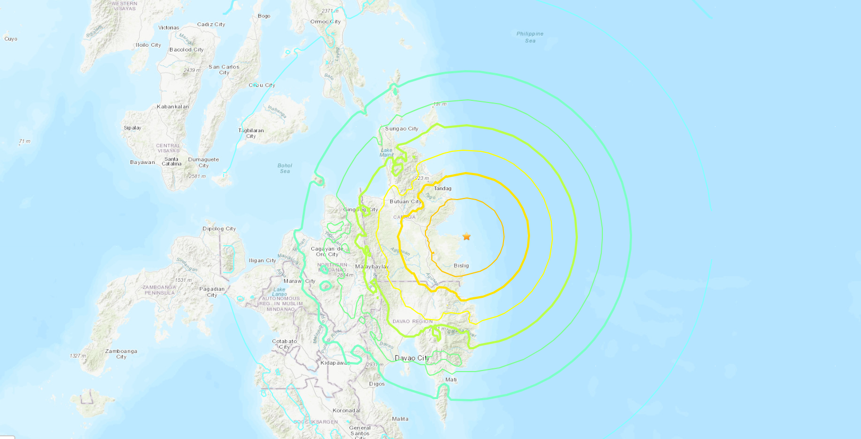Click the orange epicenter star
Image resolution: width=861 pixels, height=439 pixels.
[x=466, y=237]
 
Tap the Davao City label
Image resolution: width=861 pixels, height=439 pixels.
[x=412, y=358]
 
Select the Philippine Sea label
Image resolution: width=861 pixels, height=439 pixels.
[x=530, y=37]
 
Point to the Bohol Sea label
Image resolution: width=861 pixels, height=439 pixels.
[x=285, y=168]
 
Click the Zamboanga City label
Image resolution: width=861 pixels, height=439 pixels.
[x=121, y=354]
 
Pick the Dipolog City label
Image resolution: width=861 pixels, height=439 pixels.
[x=219, y=229]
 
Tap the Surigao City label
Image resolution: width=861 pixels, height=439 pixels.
[x=402, y=129]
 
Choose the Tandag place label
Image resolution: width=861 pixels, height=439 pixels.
[x=442, y=188]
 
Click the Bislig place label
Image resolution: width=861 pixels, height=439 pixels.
[x=461, y=265]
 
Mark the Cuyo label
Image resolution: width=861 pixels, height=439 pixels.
[x=11, y=39]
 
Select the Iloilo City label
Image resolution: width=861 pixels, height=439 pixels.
[x=148, y=45]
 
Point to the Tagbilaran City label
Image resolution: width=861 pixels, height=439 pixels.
[x=251, y=133]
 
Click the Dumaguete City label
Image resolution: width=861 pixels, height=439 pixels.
[x=203, y=162]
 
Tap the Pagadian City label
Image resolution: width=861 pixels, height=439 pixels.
[x=212, y=292]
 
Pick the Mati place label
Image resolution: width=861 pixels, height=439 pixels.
[x=451, y=380]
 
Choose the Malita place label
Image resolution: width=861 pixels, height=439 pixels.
[x=400, y=419]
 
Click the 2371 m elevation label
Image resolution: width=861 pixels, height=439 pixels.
[x=330, y=11]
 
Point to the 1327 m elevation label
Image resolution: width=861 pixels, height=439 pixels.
[x=78, y=356]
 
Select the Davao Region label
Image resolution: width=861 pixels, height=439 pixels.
[x=413, y=322]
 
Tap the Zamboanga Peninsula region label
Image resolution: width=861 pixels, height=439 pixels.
[x=159, y=290]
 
